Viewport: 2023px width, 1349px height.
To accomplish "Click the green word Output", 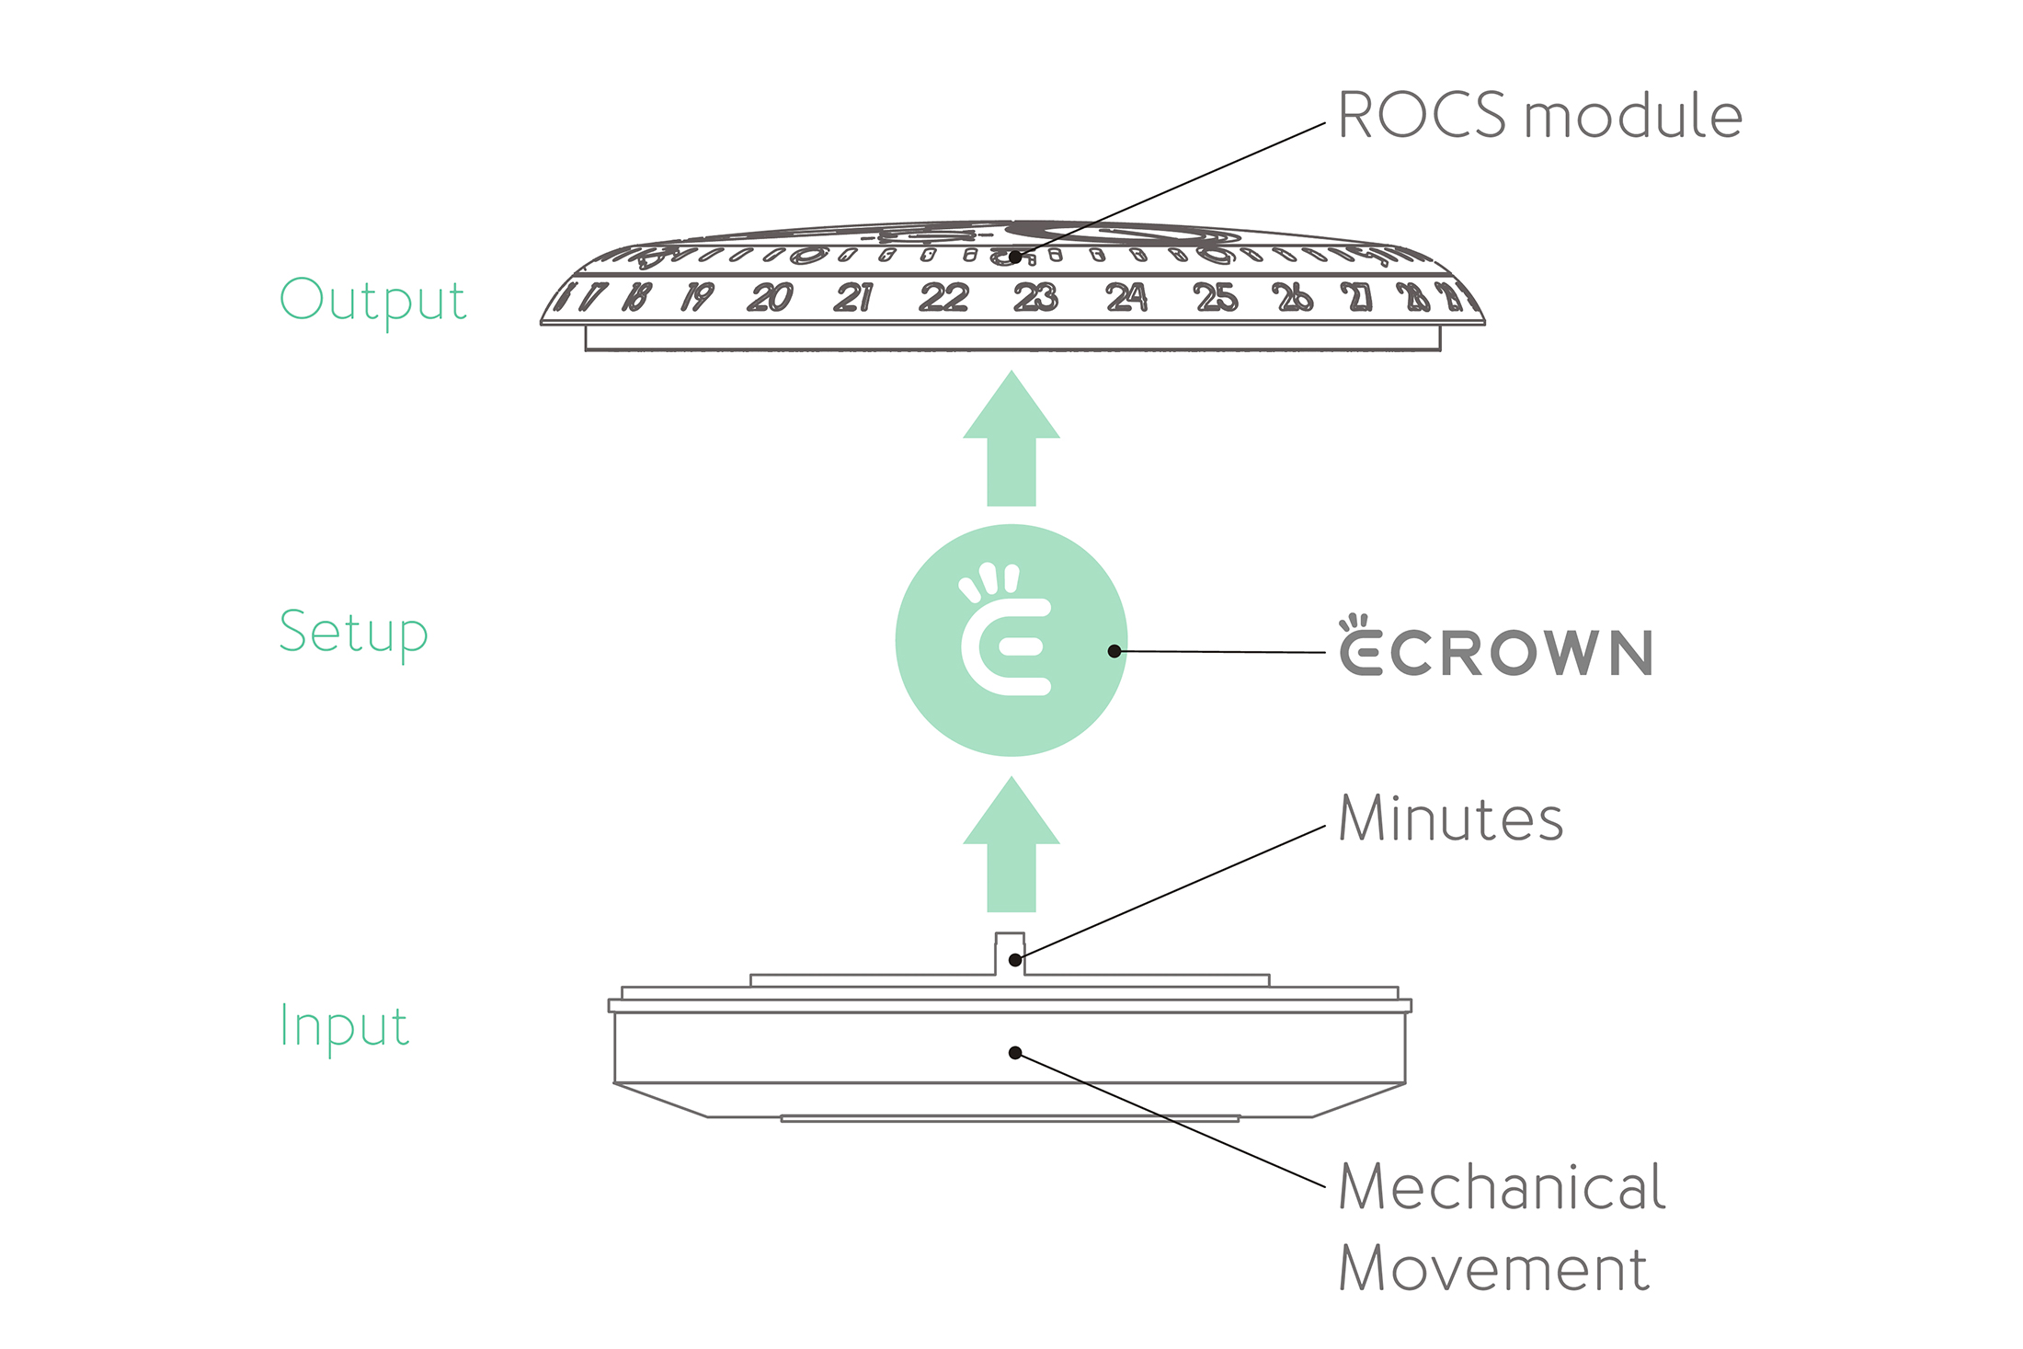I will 373,301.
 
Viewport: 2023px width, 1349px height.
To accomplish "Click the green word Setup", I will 354,633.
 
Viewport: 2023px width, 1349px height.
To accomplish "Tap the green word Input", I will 344,1026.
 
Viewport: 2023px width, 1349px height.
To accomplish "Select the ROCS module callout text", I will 1539,116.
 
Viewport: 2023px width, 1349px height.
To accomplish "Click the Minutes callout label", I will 1450,818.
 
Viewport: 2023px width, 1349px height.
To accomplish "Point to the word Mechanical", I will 1501,1186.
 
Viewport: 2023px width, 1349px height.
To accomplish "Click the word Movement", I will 1493,1269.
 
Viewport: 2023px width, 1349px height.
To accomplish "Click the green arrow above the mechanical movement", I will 1011,846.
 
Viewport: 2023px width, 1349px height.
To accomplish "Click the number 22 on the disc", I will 944,297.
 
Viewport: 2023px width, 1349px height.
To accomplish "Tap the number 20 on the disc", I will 770,297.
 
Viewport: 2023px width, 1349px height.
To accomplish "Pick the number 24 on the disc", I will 1126,297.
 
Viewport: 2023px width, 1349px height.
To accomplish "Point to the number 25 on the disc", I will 1216,297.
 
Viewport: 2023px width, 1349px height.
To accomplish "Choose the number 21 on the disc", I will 853,297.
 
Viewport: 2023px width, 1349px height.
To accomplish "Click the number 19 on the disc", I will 697,297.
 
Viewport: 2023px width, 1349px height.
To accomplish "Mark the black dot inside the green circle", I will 1114,651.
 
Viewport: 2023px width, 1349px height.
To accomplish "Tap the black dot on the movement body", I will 1015,1053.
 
